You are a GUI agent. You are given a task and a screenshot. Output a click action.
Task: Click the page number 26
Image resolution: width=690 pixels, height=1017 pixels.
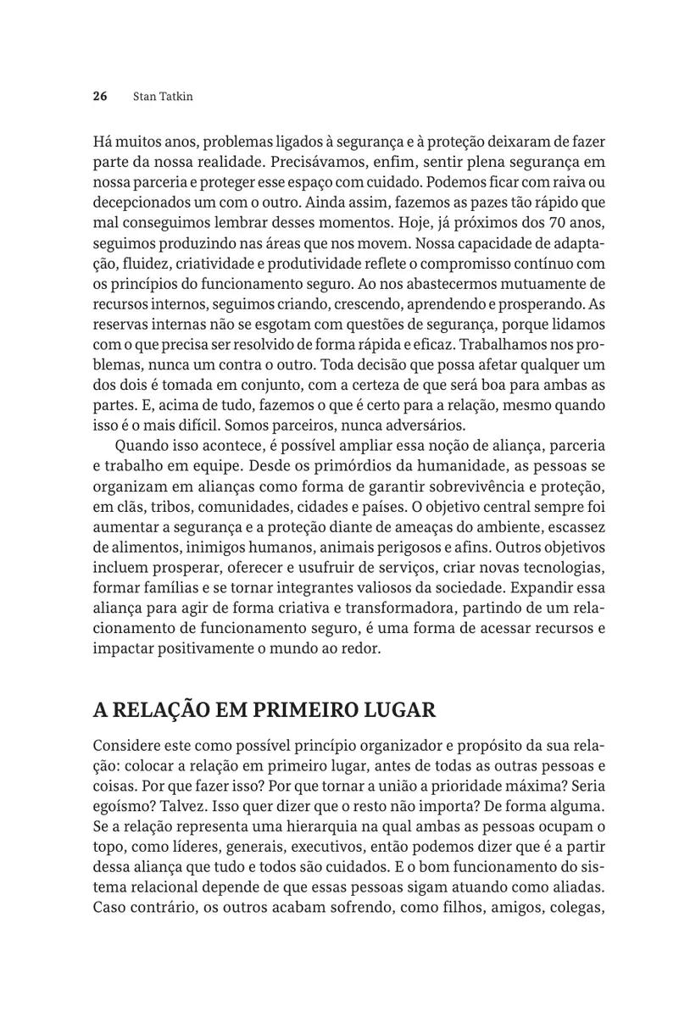(x=99, y=97)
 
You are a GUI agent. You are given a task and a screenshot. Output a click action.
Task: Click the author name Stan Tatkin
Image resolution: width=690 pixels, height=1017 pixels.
(x=163, y=97)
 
